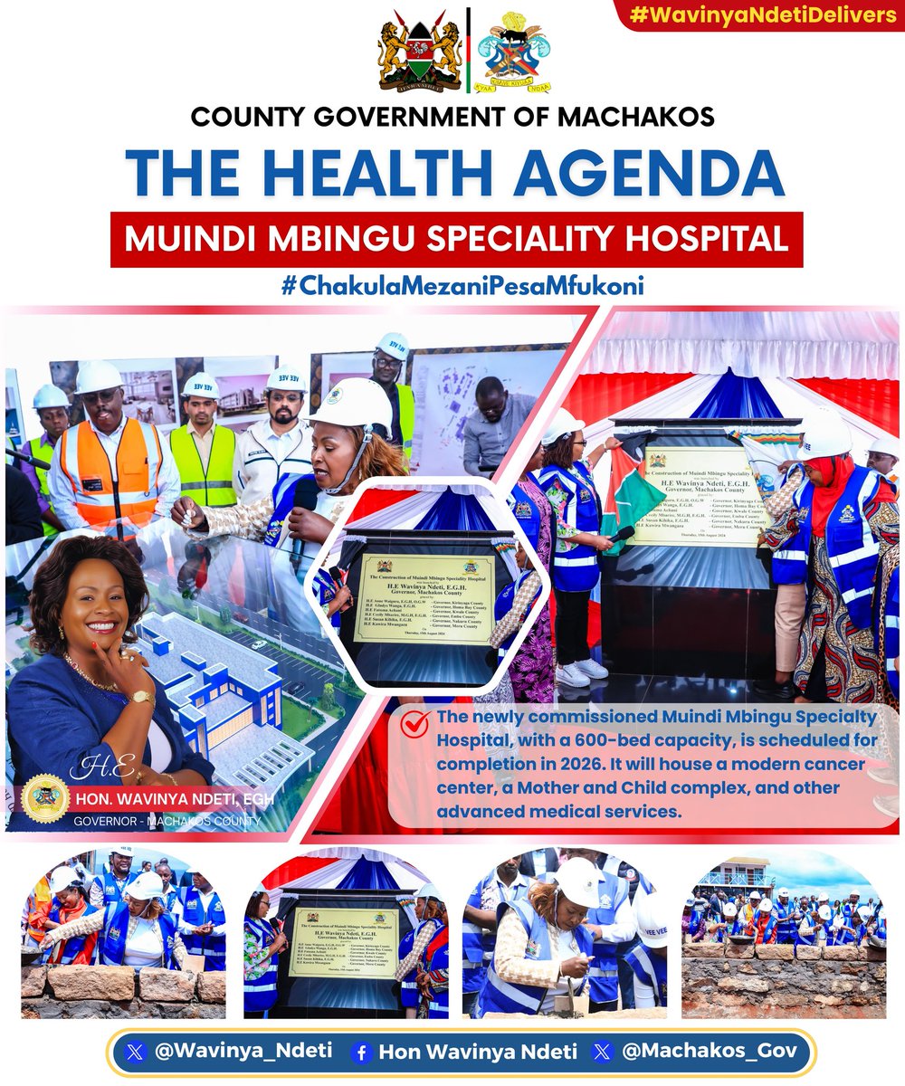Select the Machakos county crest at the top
click(x=514, y=52)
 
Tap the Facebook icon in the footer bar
click(x=362, y=1052)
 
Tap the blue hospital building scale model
click(x=226, y=688)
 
